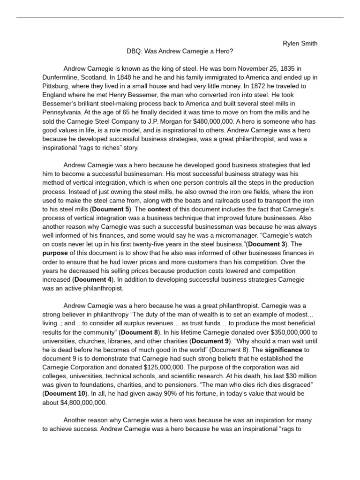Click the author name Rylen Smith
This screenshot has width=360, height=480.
point(300,44)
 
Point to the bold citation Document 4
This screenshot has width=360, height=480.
point(93,280)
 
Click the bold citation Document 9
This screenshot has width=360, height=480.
point(210,341)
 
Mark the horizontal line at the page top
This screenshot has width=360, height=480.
point(180,17)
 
